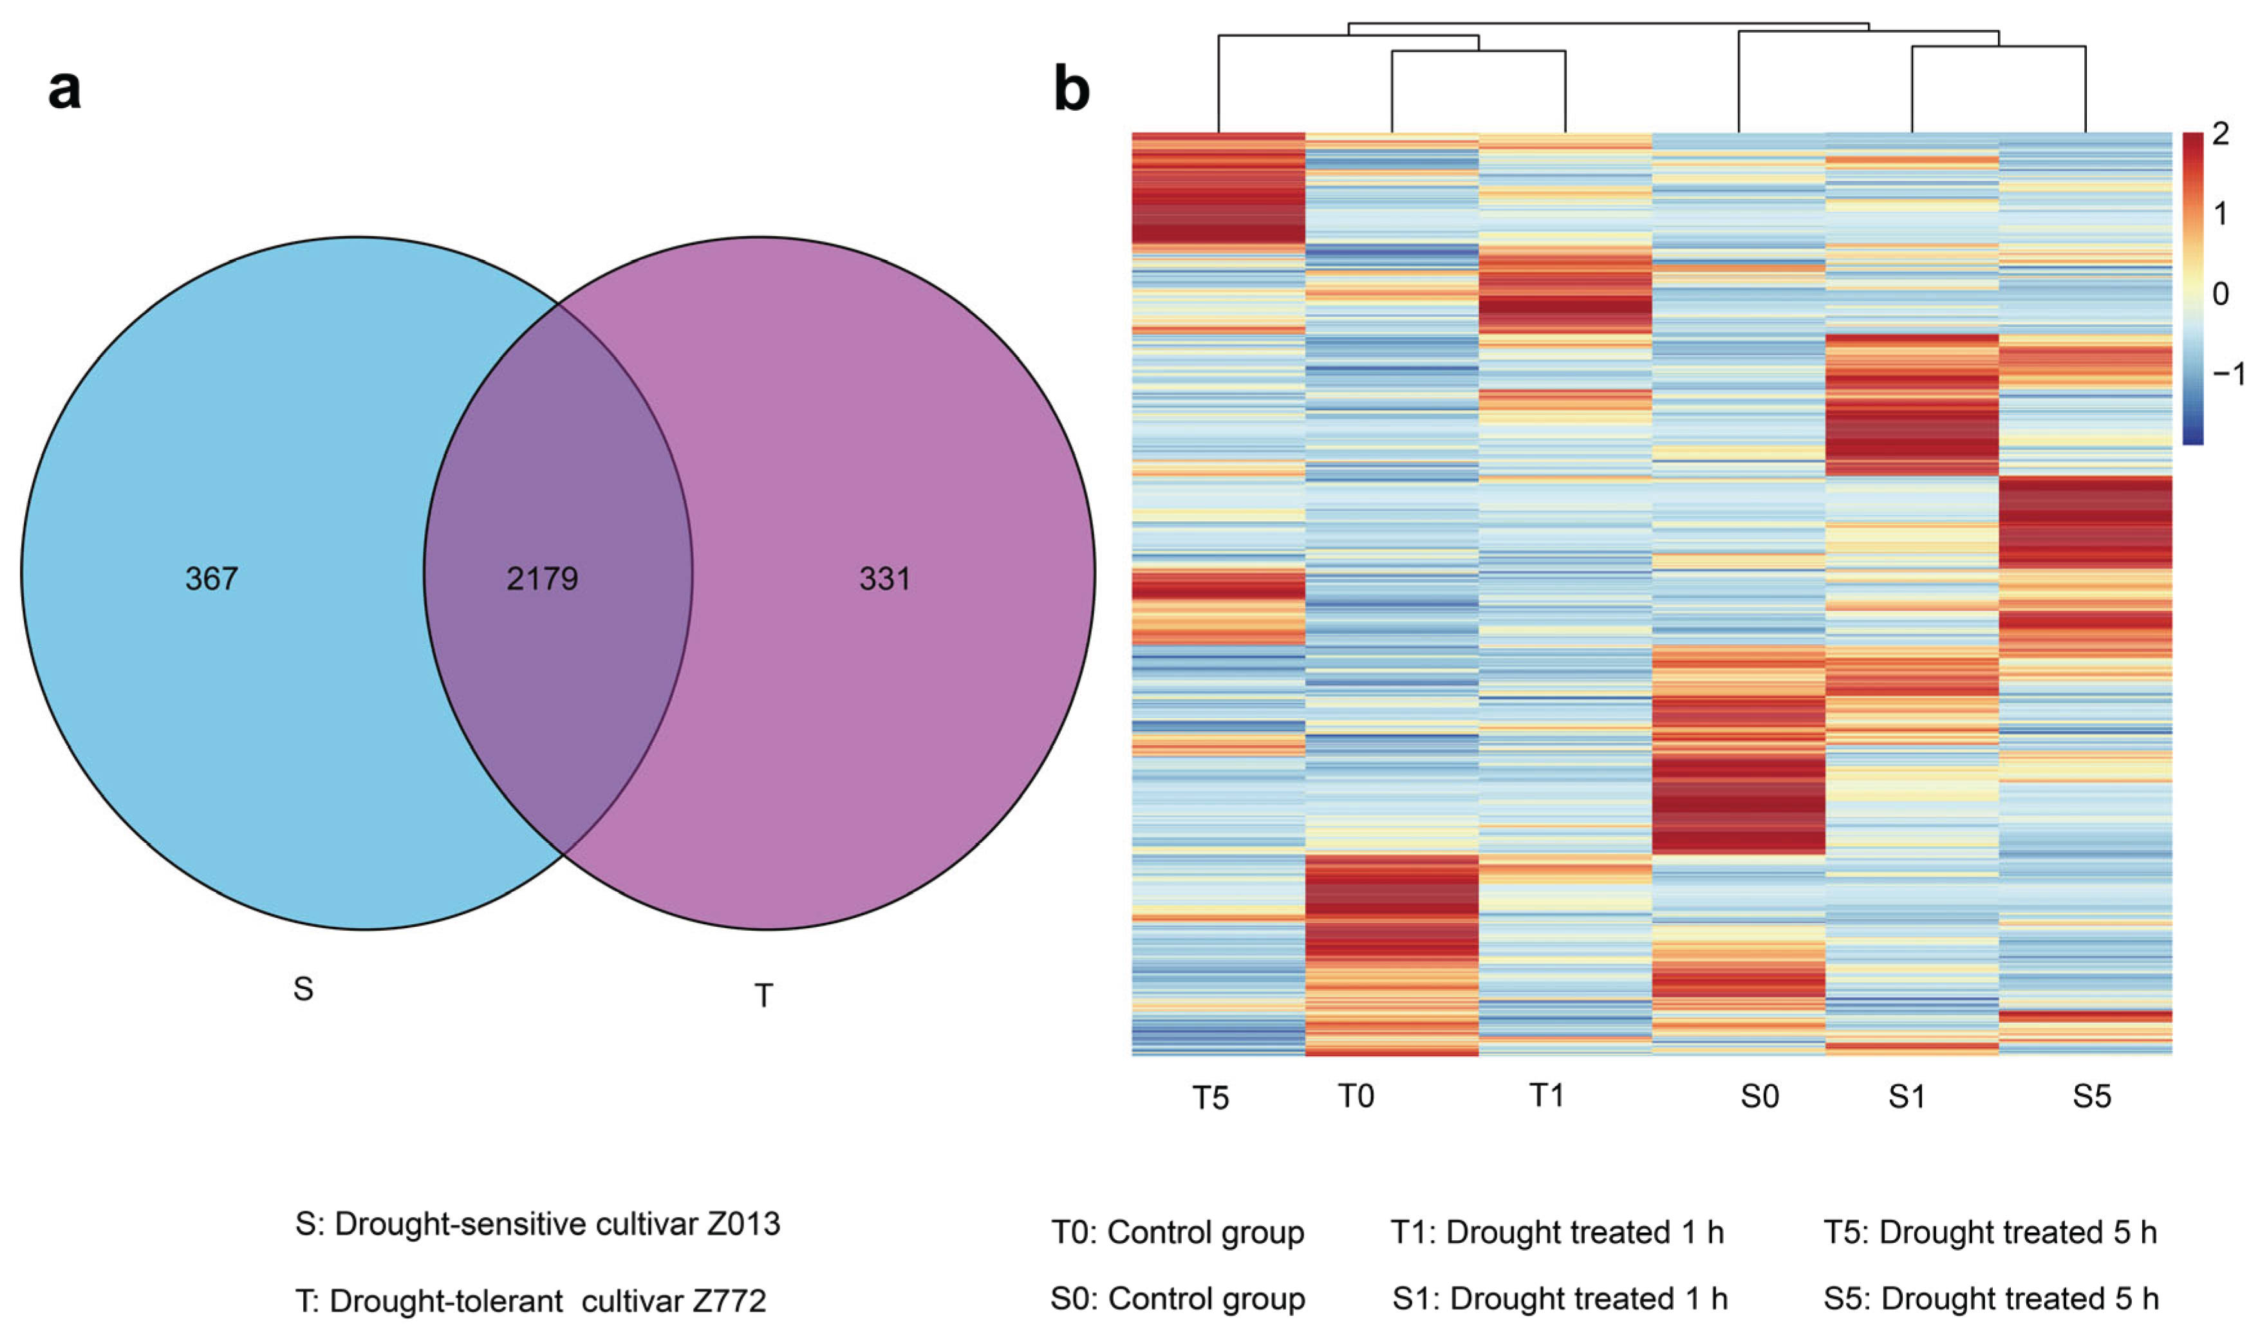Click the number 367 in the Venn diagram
(x=211, y=578)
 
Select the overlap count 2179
(x=542, y=578)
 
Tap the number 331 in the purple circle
(x=885, y=578)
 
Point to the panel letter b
(x=1072, y=89)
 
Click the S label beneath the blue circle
(x=303, y=989)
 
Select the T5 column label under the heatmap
(x=1211, y=1098)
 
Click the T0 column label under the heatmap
(x=1355, y=1096)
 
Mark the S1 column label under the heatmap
(x=1907, y=1096)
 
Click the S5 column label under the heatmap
(x=2092, y=1096)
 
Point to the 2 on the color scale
(x=2220, y=135)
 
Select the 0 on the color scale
(x=2220, y=293)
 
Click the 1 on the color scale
(x=2220, y=214)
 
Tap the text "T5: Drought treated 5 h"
(x=1990, y=1233)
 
